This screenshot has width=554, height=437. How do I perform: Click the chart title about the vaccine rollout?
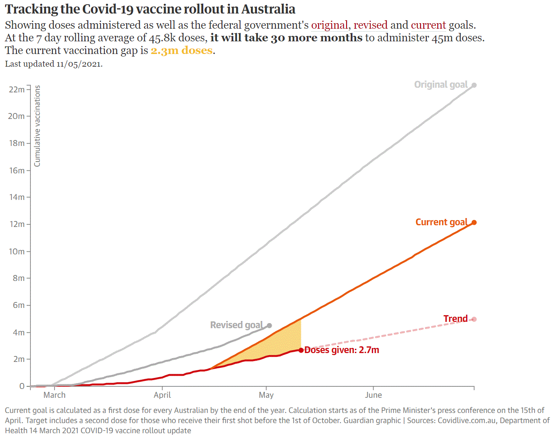click(x=150, y=9)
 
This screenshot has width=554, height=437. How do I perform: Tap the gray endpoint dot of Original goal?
click(x=474, y=85)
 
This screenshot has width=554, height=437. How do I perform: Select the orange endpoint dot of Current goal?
click(x=474, y=222)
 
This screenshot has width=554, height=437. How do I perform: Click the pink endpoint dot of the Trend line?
click(x=474, y=319)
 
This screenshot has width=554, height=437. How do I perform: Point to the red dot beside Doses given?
click(x=301, y=350)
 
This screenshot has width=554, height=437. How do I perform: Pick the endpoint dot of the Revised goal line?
click(x=270, y=326)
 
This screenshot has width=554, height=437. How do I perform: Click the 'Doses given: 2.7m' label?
click(x=342, y=350)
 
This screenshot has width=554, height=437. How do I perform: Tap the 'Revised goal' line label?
click(x=236, y=325)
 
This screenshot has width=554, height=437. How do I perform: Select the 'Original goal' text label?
click(x=441, y=85)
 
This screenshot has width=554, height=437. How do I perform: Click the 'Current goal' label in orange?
click(x=441, y=222)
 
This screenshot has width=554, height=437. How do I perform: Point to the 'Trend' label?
click(x=456, y=319)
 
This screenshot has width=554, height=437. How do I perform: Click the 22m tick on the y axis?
click(x=16, y=89)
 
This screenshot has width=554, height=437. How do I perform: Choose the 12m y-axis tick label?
click(x=16, y=224)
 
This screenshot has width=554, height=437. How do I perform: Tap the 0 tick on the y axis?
click(x=22, y=386)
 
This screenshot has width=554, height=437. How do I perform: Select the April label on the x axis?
click(x=162, y=395)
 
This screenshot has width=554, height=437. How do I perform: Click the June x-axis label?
click(x=373, y=395)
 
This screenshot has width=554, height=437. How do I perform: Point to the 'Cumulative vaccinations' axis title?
click(x=37, y=126)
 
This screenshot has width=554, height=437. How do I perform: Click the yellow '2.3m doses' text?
click(x=182, y=51)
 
